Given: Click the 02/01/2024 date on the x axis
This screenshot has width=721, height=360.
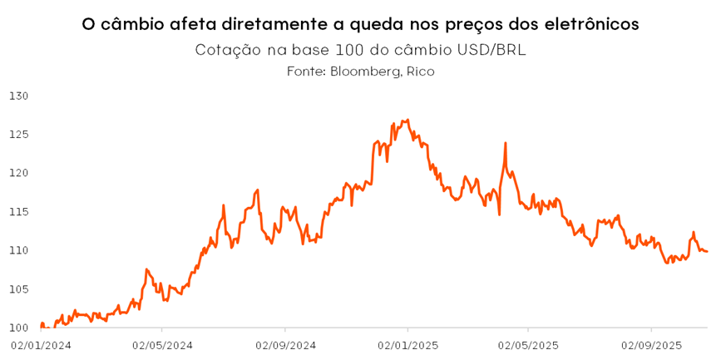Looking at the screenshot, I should (41, 344).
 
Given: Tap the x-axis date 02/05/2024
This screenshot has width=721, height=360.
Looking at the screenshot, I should (163, 344).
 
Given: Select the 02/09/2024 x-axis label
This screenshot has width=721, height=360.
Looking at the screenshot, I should (285, 344).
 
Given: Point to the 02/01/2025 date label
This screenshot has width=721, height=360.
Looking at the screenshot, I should (407, 344).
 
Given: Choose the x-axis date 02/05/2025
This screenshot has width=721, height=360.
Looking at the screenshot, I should (529, 344).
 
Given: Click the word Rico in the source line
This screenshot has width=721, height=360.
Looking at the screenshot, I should (420, 72).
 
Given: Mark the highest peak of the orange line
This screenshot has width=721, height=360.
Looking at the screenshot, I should (407, 120).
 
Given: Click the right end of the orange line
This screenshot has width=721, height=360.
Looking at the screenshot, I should (707, 251).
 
